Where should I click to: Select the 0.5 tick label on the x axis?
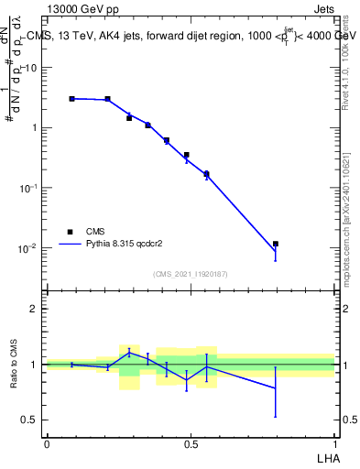191,444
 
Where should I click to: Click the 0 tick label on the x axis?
47,444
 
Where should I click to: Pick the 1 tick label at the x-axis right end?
334,444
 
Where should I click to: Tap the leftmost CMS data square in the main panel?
71,98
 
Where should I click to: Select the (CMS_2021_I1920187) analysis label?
190,274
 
